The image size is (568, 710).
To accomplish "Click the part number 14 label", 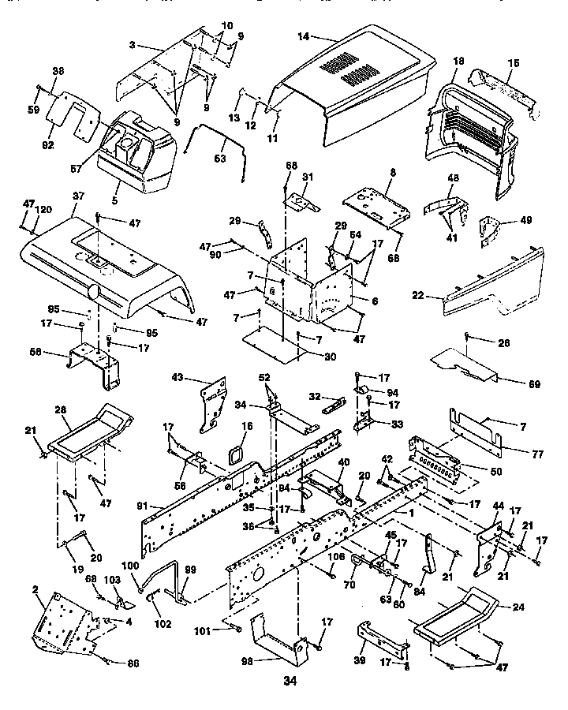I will pos(305,36).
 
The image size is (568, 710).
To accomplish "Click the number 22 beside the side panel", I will pos(418,296).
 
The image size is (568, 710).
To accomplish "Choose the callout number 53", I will pos(219,159).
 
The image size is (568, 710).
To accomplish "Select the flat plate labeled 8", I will pos(377,204).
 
